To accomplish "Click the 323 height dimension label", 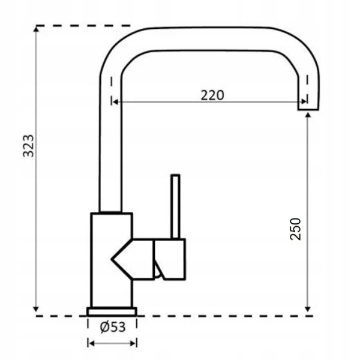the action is point(28,146).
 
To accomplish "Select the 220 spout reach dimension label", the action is point(212,95).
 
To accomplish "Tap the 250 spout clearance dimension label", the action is point(295,229).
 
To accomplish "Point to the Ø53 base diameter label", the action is point(113,327).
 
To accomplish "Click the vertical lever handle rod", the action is point(175,206).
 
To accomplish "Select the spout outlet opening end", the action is point(308,109).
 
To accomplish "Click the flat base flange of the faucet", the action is point(112,311).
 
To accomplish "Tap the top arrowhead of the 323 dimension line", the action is point(36,29).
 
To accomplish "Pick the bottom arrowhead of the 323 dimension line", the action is point(36,309).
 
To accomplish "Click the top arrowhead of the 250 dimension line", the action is point(308,115).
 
